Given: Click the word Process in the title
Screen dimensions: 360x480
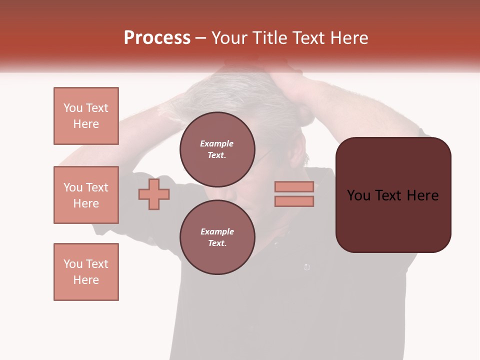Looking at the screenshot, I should (157, 38).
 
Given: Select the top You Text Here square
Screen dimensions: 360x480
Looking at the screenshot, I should (86, 116).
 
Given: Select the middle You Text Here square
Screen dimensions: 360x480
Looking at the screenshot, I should (86, 195).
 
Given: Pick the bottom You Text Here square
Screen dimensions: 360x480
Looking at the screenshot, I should (86, 272).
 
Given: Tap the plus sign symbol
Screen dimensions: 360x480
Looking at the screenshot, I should (154, 194).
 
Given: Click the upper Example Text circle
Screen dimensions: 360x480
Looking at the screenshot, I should (217, 149).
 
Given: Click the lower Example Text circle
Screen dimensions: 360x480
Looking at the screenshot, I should (217, 237).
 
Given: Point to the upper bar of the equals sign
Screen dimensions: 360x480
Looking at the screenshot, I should (294, 186).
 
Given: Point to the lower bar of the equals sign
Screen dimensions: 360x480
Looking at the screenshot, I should (294, 201).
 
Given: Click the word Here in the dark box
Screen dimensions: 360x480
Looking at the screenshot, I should (422, 195).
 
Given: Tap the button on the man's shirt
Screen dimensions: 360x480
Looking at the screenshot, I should (306, 267).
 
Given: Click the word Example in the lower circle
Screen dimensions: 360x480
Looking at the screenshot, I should (217, 231).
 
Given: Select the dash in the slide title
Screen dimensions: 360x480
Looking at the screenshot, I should (200, 38).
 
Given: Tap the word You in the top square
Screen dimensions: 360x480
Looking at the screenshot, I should (72, 108).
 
